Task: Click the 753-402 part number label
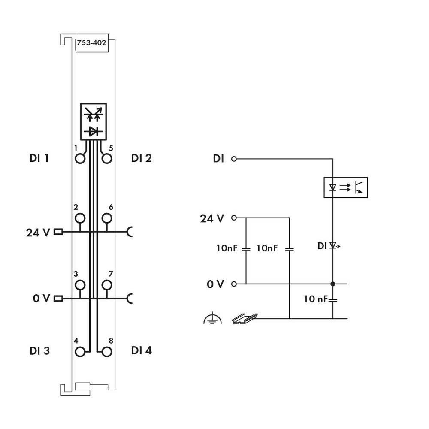(x=91, y=43)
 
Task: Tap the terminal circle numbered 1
(x=80, y=159)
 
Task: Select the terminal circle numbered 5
(x=107, y=159)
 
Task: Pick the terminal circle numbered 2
(x=80, y=218)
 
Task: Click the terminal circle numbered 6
(x=107, y=218)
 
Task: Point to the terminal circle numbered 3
(x=80, y=285)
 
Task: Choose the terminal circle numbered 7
(x=107, y=285)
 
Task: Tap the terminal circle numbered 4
(x=80, y=352)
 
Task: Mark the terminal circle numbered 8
(x=107, y=352)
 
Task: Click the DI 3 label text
(x=39, y=351)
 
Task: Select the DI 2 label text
(x=142, y=158)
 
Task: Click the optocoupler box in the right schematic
(x=345, y=187)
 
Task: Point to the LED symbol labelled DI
(x=333, y=246)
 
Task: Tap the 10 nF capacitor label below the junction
(x=316, y=299)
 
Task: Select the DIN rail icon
(x=244, y=318)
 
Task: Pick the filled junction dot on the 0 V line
(x=333, y=284)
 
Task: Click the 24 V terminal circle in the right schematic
(x=234, y=218)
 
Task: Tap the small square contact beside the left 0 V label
(x=58, y=298)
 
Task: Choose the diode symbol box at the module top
(x=93, y=121)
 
